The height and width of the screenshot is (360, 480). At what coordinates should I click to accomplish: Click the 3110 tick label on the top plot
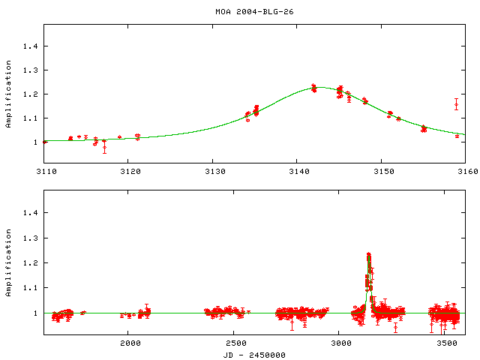tap(46, 172)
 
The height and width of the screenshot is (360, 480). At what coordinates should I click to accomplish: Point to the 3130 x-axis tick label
tap(214, 172)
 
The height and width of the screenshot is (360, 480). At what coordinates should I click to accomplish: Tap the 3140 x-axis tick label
tap(298, 172)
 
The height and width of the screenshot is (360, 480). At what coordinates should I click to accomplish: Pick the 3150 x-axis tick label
tap(382, 172)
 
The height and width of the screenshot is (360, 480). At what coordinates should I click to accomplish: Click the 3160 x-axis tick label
tap(465, 172)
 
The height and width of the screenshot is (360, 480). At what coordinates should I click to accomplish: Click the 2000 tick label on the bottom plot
tap(130, 344)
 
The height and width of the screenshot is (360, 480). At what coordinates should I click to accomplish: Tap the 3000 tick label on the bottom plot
tap(341, 344)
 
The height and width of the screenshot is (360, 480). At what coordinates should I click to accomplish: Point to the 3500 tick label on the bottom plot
tap(446, 344)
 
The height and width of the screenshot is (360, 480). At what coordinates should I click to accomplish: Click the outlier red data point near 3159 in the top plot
tap(456, 104)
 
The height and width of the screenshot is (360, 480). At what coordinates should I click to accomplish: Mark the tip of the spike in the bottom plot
tap(369, 255)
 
